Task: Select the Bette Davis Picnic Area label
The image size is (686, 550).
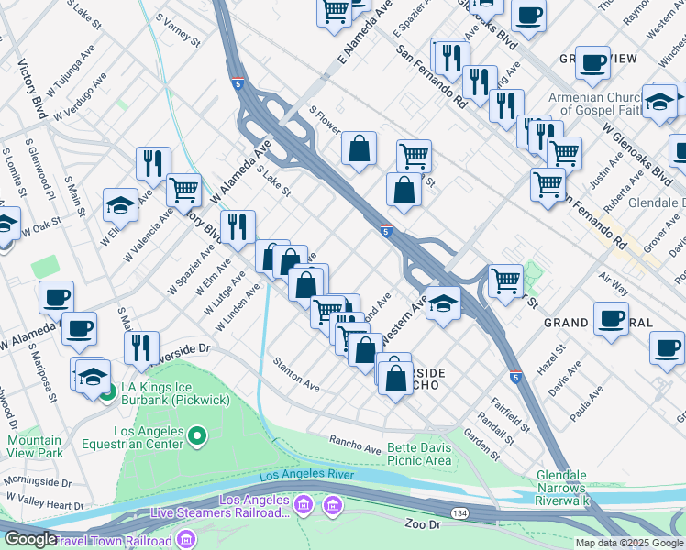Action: (x=419, y=454)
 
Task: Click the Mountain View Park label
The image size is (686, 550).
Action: (x=35, y=446)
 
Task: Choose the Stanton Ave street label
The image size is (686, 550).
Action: (x=296, y=375)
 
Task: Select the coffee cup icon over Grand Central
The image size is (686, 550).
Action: (x=611, y=318)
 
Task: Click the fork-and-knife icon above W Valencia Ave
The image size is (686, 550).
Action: (x=153, y=163)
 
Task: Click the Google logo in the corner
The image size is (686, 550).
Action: (x=30, y=540)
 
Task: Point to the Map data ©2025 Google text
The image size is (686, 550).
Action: (x=629, y=543)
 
